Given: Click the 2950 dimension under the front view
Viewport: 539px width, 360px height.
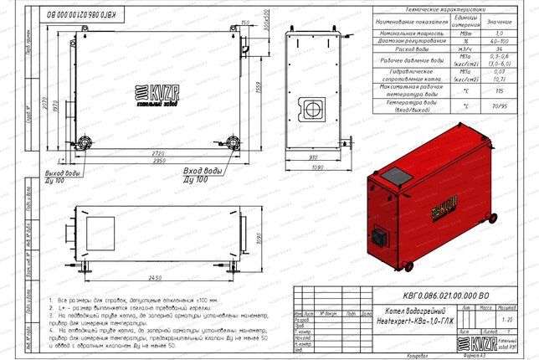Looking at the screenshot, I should (x=151, y=161).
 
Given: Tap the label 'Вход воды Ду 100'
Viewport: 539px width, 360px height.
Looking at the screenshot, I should (x=201, y=175).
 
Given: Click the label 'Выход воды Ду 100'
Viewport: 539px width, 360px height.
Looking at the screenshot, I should (x=62, y=175).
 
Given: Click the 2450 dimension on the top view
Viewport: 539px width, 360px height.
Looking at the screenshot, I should (x=151, y=275).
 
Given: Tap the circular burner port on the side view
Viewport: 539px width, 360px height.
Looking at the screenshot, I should (x=315, y=109).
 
